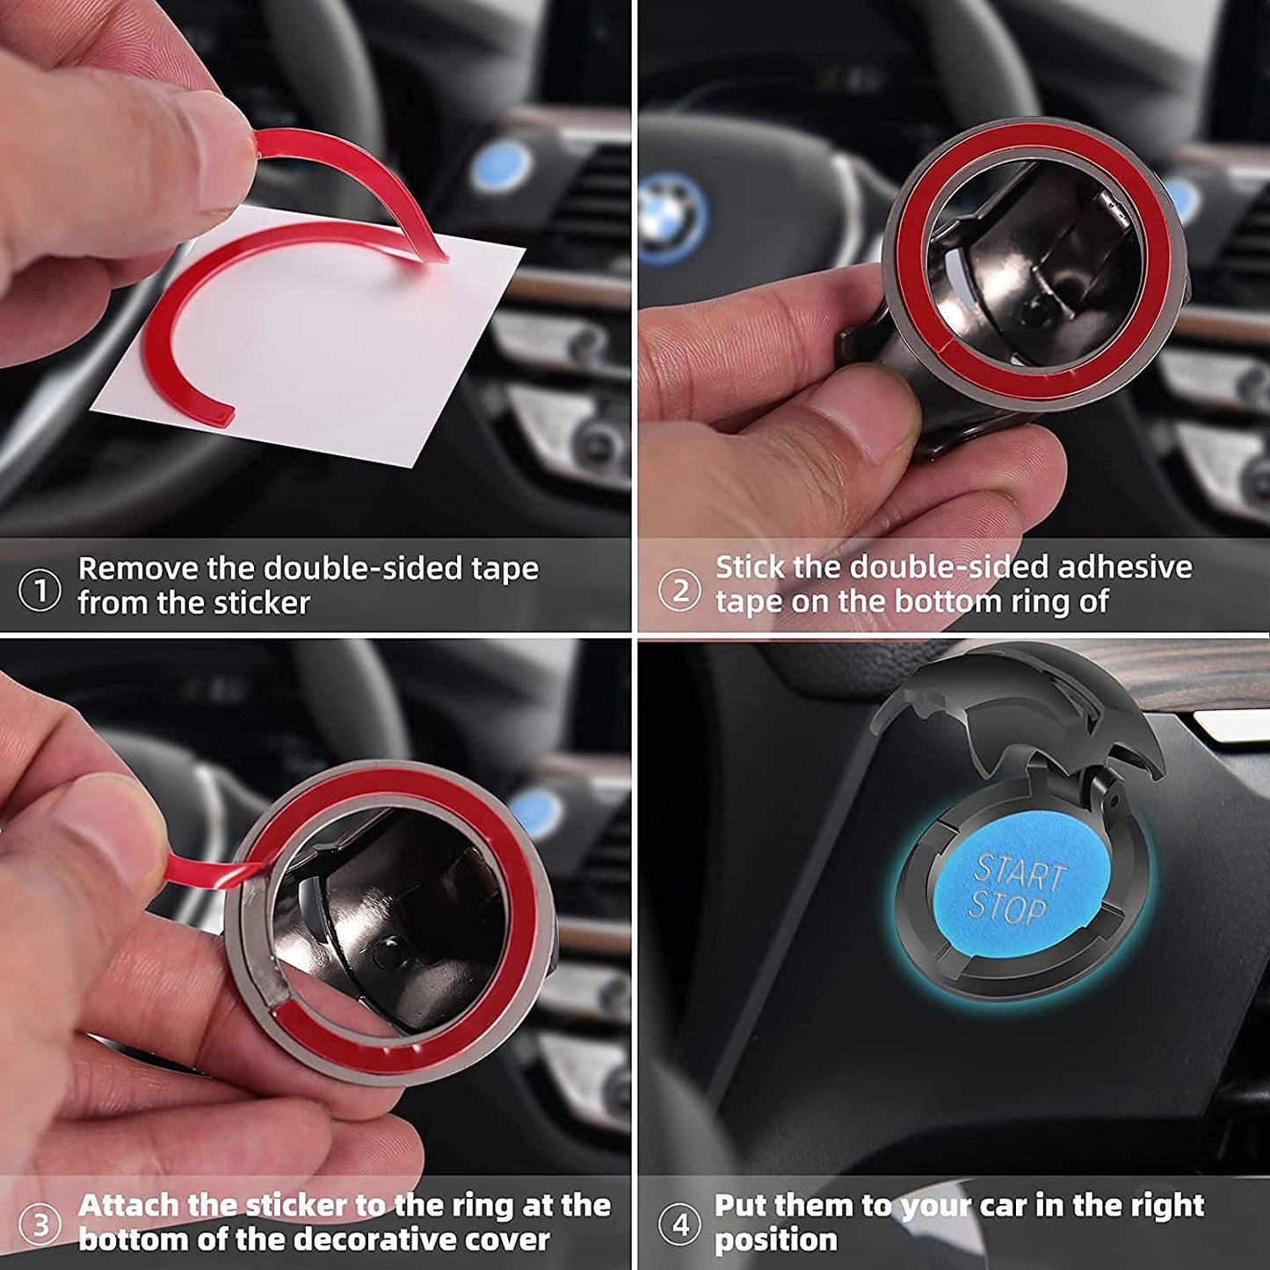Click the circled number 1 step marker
40,590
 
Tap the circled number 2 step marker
679,590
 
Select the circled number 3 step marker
40,1225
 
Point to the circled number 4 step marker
679,1224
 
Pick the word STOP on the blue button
1007,907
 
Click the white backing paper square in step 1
325,352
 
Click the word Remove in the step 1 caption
137,569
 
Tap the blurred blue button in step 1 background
500,167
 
